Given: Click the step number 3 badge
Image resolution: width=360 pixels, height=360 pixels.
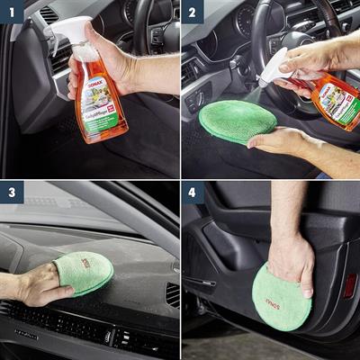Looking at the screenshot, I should (x=10, y=193).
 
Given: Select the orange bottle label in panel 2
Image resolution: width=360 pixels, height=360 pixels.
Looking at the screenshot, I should (x=334, y=99).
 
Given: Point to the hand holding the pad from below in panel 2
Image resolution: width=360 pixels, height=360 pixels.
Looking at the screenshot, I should (x=279, y=141).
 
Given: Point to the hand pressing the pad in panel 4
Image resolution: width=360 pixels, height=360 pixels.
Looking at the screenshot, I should (x=292, y=261).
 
